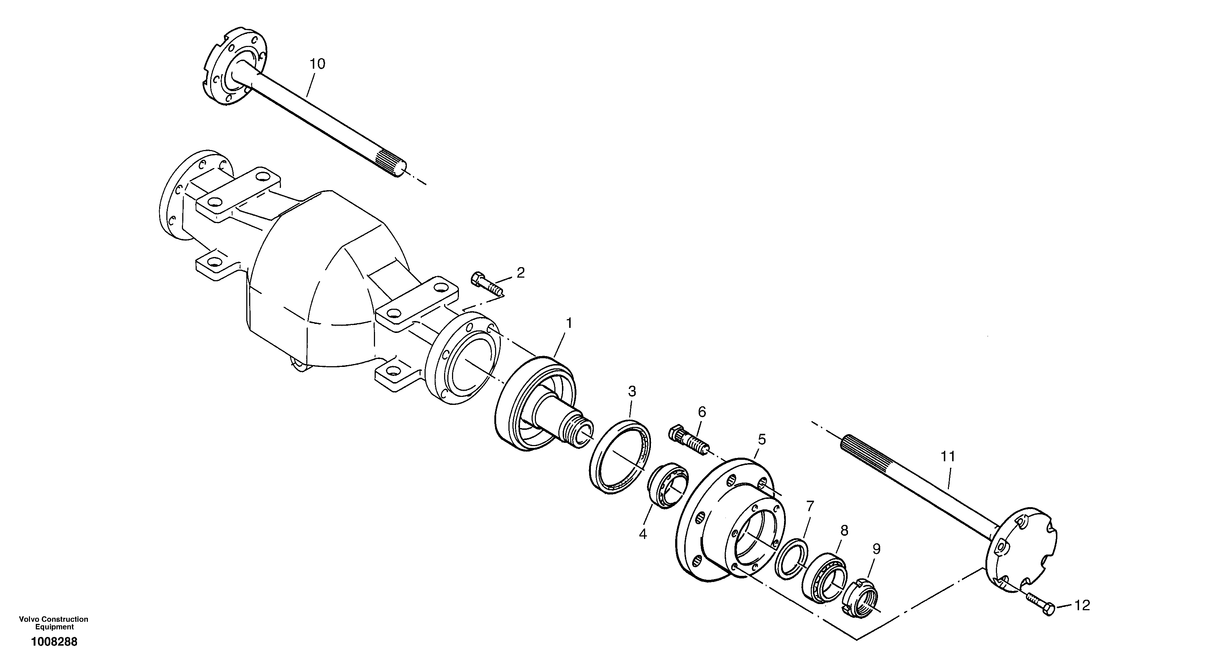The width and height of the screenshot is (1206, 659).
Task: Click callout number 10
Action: [x=318, y=64]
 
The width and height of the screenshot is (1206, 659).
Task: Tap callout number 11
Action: [x=948, y=456]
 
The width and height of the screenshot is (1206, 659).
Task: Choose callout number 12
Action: [x=1082, y=605]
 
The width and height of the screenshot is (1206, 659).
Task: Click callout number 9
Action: [x=876, y=549]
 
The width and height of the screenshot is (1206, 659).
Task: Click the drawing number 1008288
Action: [x=54, y=642]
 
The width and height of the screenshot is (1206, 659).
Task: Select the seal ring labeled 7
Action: [x=791, y=559]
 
